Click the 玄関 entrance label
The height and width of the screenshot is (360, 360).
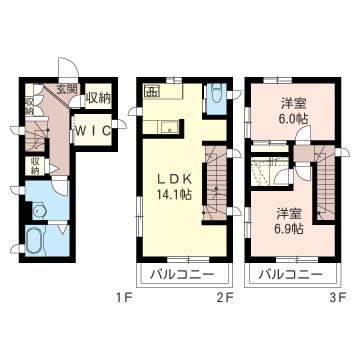[x=67, y=89]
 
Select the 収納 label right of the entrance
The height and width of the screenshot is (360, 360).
[x=97, y=98]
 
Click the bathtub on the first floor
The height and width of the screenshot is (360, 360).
[x=33, y=241]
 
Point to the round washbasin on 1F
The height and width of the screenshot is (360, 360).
[x=37, y=211]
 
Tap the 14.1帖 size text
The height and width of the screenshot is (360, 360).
[x=172, y=195]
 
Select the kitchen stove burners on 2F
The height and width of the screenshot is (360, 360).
[x=153, y=93]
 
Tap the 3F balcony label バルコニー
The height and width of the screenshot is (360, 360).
[x=290, y=273]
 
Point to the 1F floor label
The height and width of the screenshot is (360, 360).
[x=122, y=297]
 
